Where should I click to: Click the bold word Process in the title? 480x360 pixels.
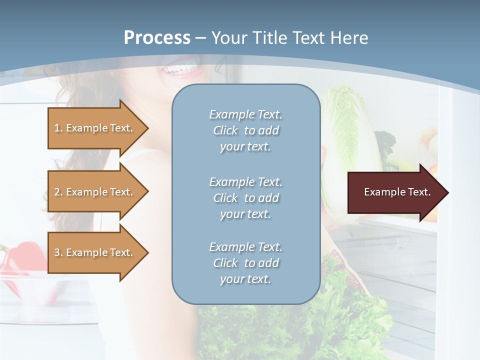pyautogui.click(x=157, y=38)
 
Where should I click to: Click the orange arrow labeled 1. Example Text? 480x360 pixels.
pyautogui.click(x=90, y=128)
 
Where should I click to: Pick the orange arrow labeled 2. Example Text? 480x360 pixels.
pyautogui.click(x=90, y=192)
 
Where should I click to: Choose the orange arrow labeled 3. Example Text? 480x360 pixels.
pyautogui.click(x=90, y=252)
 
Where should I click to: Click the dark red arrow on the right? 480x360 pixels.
pyautogui.click(x=390, y=192)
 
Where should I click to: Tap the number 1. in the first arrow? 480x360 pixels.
pyautogui.click(x=58, y=128)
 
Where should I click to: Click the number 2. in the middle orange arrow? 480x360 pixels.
pyautogui.click(x=58, y=192)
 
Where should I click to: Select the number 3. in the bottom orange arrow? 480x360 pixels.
pyautogui.click(x=58, y=252)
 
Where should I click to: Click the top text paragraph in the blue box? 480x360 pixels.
pyautogui.click(x=245, y=130)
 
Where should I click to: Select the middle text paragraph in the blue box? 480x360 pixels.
pyautogui.click(x=245, y=198)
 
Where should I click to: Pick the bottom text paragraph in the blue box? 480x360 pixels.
pyautogui.click(x=245, y=263)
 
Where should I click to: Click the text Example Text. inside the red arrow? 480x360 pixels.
pyautogui.click(x=397, y=192)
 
